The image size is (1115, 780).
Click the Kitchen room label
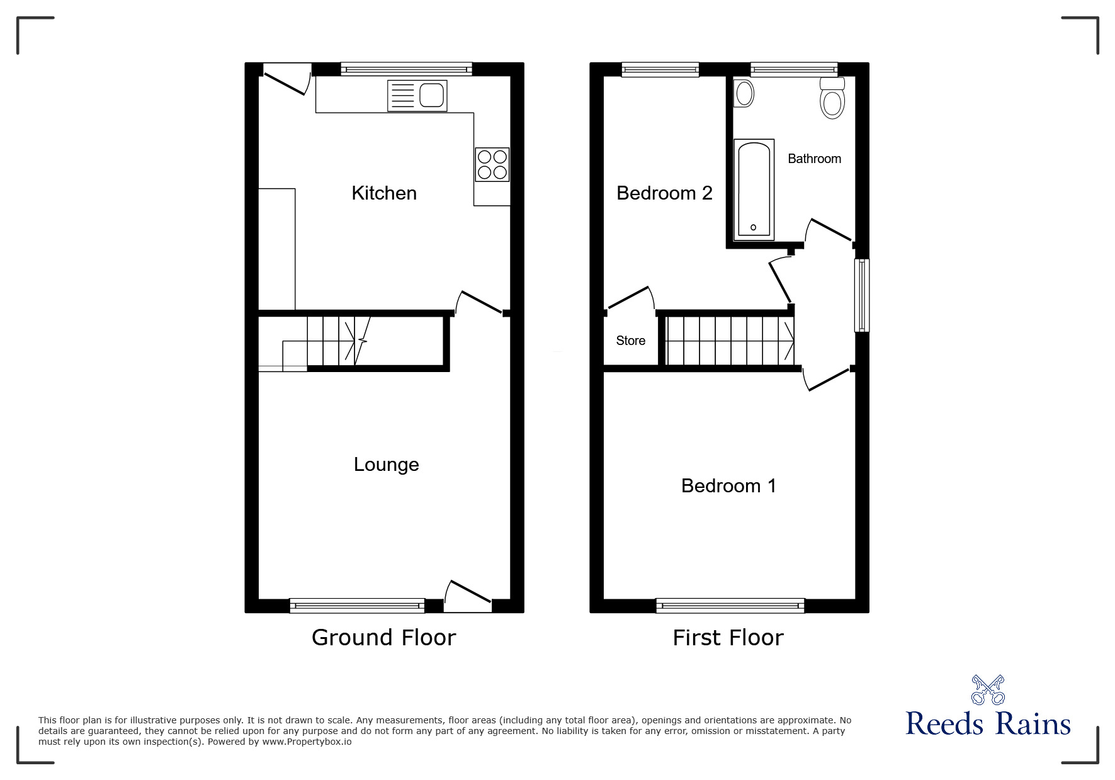pos(384,193)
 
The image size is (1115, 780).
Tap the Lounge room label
pos(386,465)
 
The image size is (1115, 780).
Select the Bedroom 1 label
pos(728,486)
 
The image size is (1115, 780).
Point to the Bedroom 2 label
pos(664,193)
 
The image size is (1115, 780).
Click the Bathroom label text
pos(814,159)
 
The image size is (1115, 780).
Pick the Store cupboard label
pos(630,341)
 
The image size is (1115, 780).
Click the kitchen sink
pos(417,96)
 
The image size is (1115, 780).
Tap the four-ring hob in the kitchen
pos(492,164)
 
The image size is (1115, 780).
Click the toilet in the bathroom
pos(832,99)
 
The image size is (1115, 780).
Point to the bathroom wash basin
pos(744,94)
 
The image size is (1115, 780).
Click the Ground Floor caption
pos(383,638)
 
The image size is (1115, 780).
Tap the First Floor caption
pos(728,638)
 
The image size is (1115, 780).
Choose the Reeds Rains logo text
pos(988,724)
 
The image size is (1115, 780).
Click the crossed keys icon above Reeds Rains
pos(988,689)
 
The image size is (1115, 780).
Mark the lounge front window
pos(357,606)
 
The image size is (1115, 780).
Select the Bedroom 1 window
pos(730,606)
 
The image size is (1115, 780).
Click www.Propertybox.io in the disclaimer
pos(307,742)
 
